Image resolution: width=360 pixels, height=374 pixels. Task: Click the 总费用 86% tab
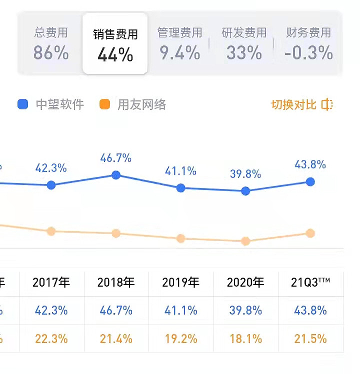coord(50,44)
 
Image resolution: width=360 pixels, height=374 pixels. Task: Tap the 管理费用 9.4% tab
coord(179,44)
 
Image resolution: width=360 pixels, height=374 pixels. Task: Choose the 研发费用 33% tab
coord(244,44)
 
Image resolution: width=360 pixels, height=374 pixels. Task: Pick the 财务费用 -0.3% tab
coord(308,44)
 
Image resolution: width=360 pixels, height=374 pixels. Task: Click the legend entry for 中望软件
coord(50,104)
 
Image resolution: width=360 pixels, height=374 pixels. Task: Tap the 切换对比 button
coord(301,104)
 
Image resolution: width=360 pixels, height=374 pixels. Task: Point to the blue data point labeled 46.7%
coord(116,175)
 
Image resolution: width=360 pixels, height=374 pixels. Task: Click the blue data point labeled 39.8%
coord(245,191)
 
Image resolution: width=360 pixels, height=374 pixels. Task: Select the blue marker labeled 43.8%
coord(310,181)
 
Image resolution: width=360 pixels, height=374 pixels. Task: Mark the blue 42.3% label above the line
coord(51,168)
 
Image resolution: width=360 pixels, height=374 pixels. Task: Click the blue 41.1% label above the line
coord(180,171)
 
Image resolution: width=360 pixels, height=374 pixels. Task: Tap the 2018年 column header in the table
coord(116,283)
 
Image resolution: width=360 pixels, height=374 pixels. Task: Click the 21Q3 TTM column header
coord(310,283)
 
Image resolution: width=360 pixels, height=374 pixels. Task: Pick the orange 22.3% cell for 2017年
coord(51,339)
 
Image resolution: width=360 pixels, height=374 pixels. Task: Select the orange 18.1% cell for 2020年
coord(245,339)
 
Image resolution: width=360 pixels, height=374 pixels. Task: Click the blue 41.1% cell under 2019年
coord(180,310)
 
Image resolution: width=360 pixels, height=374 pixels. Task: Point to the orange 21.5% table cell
coord(310,339)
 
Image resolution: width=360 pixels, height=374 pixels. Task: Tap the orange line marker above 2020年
coord(245,241)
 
